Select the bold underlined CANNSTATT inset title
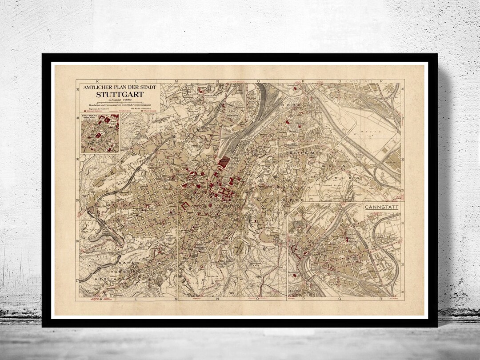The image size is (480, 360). click(x=381, y=207)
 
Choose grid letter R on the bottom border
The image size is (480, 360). click(x=381, y=299)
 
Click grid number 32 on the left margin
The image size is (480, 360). click(x=77, y=89)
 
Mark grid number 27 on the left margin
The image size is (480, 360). click(x=77, y=280)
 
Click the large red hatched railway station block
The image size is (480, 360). click(x=224, y=161)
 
